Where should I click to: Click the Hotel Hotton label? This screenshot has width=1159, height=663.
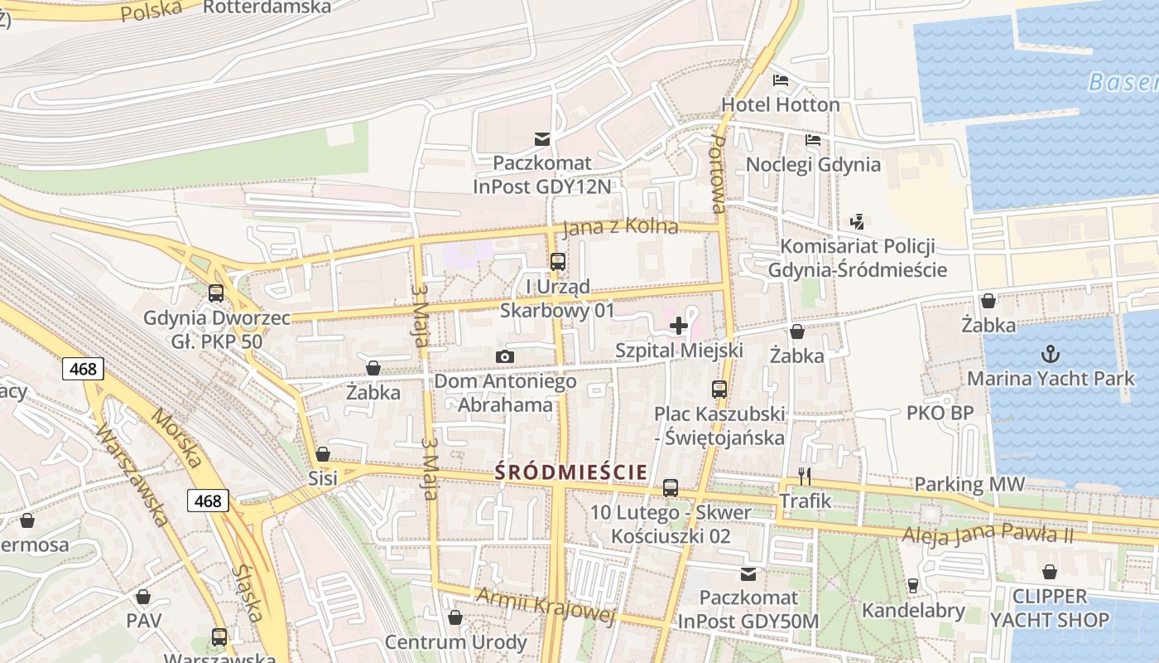point(780,104)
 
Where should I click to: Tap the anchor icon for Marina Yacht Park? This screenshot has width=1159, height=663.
point(1050,355)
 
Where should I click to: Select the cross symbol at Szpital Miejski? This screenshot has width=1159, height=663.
point(679,326)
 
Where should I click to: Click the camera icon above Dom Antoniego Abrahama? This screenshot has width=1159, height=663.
point(505,356)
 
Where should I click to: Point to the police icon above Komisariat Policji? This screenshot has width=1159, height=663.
point(858,221)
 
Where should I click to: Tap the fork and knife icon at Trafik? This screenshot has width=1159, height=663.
point(805,476)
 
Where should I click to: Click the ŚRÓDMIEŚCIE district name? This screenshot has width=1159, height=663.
point(571,472)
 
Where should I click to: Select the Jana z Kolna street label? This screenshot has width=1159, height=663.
point(619,227)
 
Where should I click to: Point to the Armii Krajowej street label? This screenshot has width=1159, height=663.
point(546,603)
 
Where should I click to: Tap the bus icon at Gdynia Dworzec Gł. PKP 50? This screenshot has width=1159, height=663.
point(216,293)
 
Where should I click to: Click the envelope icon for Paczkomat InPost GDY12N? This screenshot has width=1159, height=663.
point(542,138)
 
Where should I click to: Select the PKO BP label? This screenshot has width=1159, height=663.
point(940,413)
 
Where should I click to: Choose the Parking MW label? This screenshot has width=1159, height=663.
point(969,484)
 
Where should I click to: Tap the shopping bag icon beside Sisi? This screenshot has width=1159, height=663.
point(323,454)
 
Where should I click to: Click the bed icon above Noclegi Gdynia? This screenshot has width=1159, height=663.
point(813,140)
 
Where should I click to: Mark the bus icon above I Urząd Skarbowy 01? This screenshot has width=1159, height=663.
point(558,262)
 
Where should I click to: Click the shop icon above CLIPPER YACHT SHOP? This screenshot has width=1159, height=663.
point(1049,572)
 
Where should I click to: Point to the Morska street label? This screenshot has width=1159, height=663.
point(175,438)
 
